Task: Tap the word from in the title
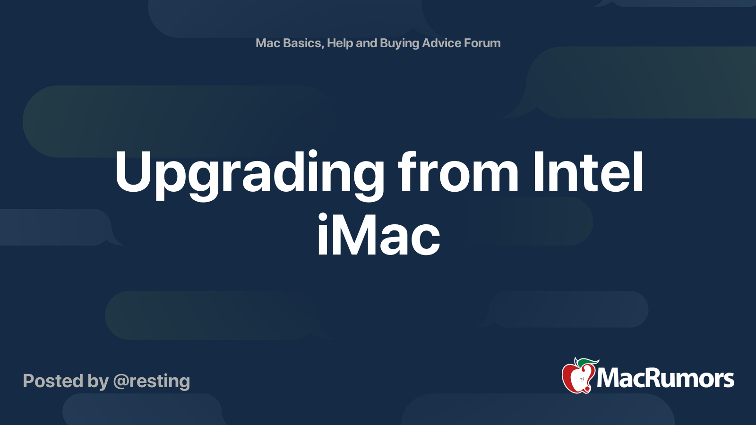tap(458, 173)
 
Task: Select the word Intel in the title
tap(588, 173)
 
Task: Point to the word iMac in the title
tap(378, 235)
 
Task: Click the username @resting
tap(152, 381)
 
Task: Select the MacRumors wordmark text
tap(665, 378)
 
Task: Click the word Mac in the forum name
tap(268, 43)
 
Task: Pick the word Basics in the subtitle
tap(302, 43)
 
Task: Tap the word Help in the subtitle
tap(340, 43)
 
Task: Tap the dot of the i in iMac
tap(323, 218)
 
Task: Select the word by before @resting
tap(98, 381)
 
